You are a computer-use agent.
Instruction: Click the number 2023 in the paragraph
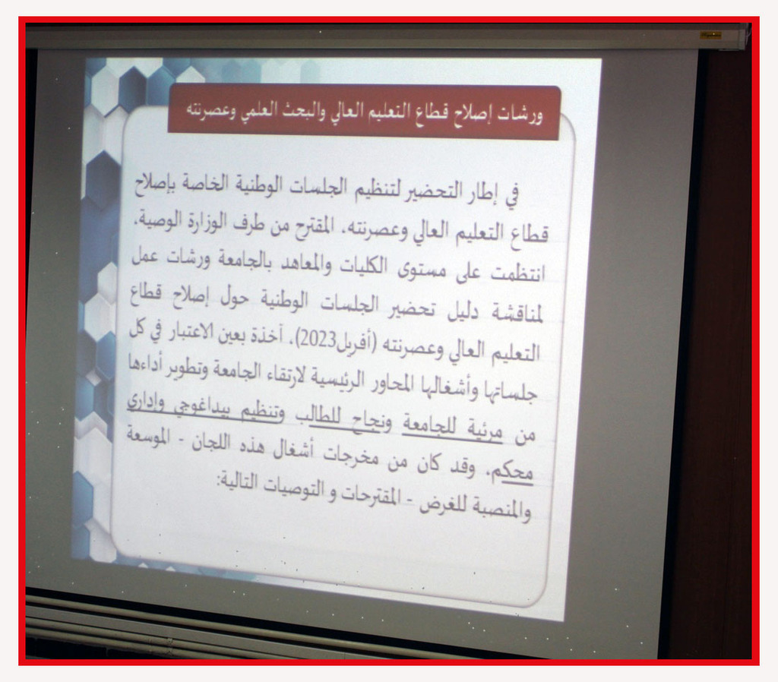point(318,340)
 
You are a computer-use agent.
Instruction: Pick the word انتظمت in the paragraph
point(517,273)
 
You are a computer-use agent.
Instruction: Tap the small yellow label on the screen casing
point(710,35)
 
